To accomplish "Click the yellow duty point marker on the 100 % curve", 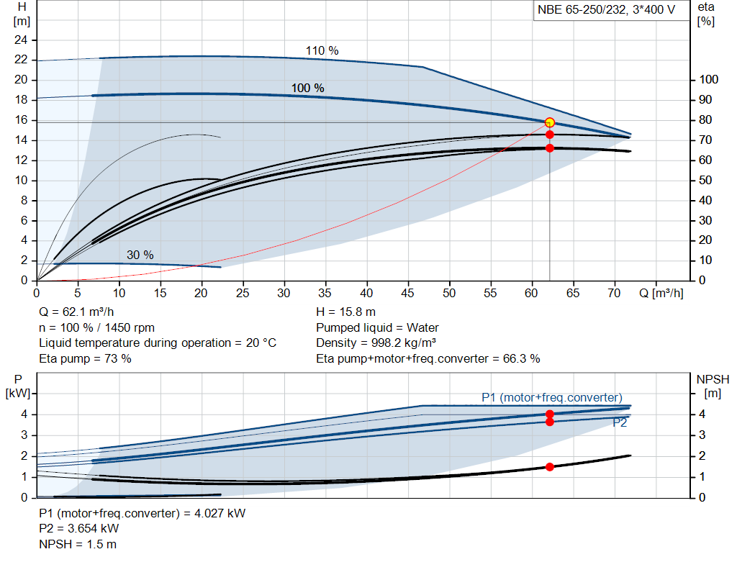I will pyautogui.click(x=550, y=122).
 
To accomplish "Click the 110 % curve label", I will pyautogui.click(x=322, y=51).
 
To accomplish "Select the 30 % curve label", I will pyautogui.click(x=140, y=255).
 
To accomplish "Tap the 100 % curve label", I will pyautogui.click(x=307, y=88).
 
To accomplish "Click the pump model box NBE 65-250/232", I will pyautogui.click(x=610, y=11).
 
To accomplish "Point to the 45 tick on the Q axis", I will pyautogui.click(x=409, y=294).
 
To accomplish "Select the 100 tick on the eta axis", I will pyautogui.click(x=710, y=79).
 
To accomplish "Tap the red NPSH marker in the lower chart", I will pyautogui.click(x=550, y=467).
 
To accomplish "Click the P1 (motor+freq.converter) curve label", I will pyautogui.click(x=551, y=397).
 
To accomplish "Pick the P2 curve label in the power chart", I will pyautogui.click(x=619, y=423).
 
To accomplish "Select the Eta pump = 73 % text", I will pyautogui.click(x=85, y=358).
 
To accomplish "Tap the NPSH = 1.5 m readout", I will pyautogui.click(x=78, y=544).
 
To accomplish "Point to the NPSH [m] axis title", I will pyautogui.click(x=713, y=385).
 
